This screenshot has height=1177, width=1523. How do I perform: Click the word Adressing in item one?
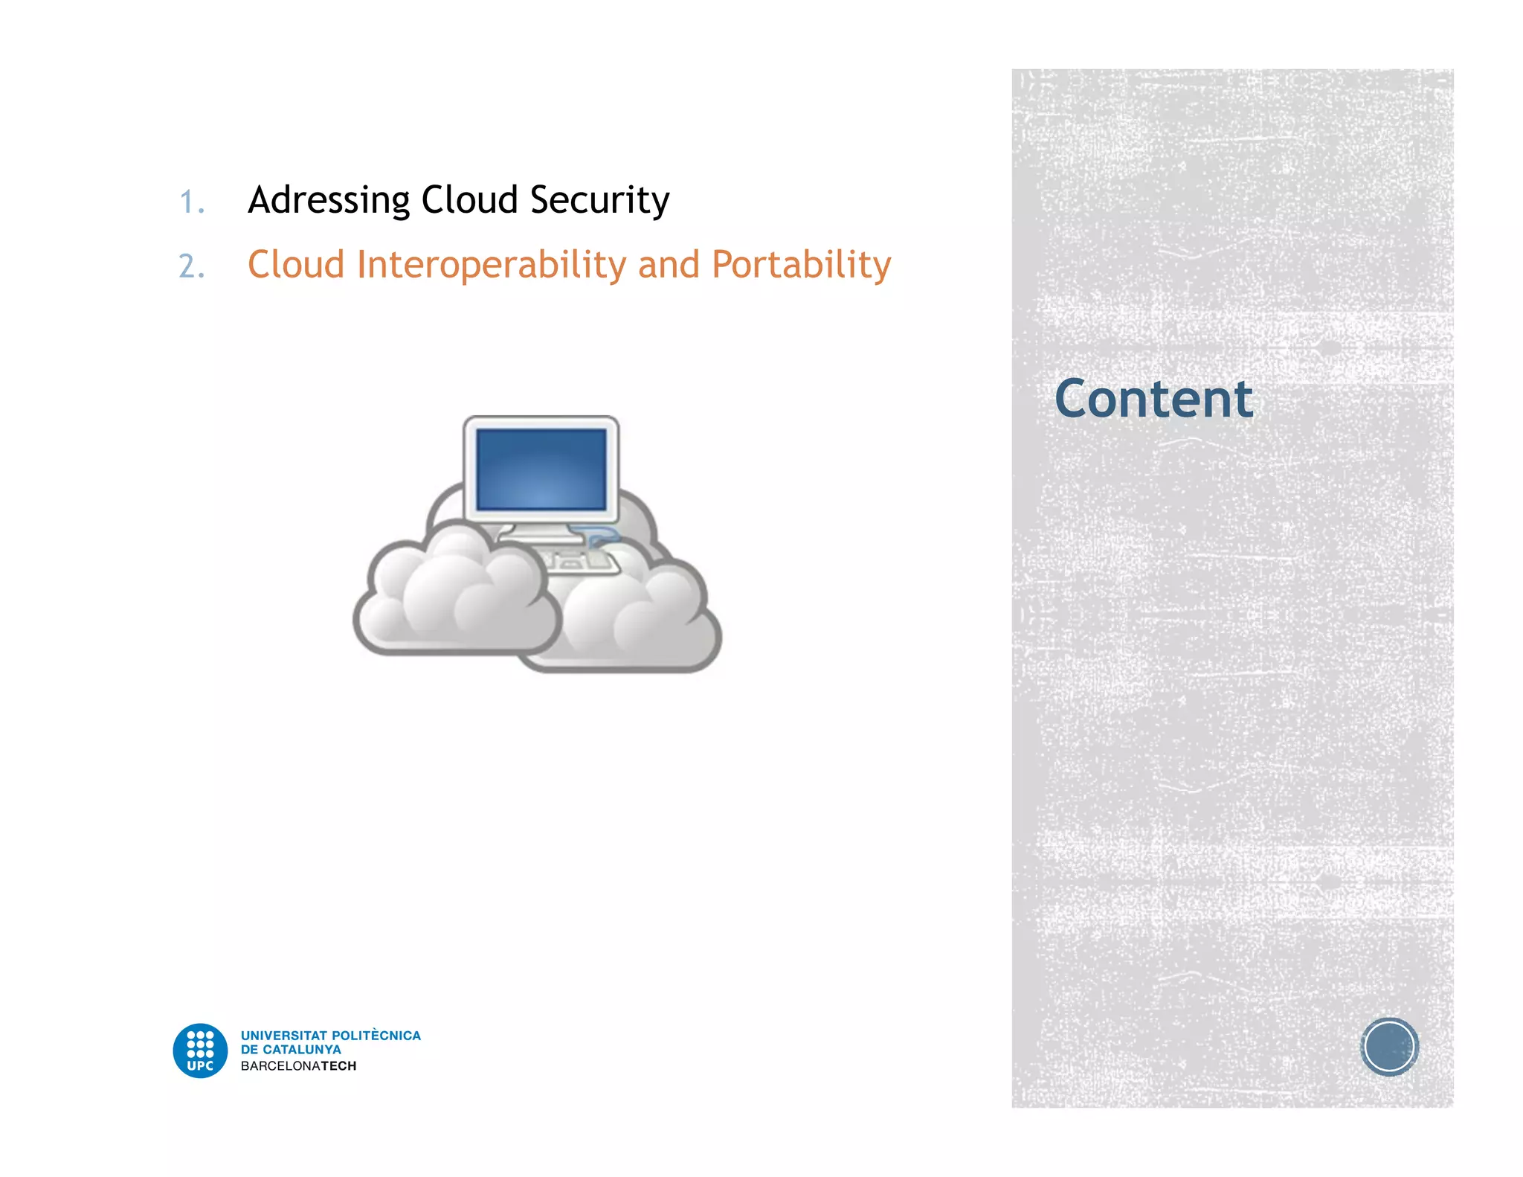click(329, 200)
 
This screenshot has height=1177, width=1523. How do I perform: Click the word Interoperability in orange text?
click(492, 265)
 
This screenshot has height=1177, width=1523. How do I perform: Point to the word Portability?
click(801, 265)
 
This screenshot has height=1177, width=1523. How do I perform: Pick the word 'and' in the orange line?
click(669, 265)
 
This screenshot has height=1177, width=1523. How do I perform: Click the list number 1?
click(191, 202)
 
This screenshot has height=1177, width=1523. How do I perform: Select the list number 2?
click(191, 266)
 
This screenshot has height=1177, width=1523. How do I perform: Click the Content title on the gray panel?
click(1153, 399)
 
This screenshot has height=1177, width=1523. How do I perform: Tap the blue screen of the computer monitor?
click(541, 469)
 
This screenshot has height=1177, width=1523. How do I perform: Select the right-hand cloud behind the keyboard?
click(647, 618)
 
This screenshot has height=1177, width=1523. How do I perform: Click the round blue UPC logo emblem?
click(200, 1051)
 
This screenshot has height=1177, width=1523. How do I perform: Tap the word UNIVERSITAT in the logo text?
click(283, 1036)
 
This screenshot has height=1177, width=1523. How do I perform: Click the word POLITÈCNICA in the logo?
click(376, 1036)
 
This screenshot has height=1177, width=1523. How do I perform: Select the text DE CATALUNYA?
click(291, 1050)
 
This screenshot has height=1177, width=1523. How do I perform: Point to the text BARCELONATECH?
click(298, 1066)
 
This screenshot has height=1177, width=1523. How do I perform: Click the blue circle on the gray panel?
click(1389, 1047)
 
